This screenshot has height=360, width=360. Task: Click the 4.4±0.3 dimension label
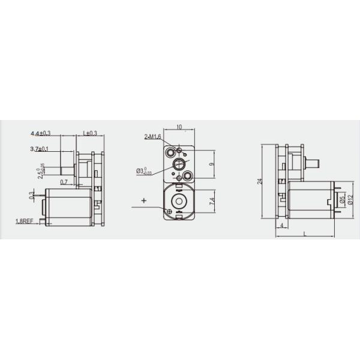[x=41, y=133]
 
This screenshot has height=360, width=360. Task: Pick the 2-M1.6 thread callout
[x=152, y=137]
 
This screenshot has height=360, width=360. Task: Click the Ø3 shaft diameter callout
[x=144, y=171]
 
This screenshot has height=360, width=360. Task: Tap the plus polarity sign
[x=144, y=200]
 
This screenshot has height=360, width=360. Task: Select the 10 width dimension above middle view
[x=179, y=127]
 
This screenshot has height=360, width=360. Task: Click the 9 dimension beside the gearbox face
[x=211, y=164]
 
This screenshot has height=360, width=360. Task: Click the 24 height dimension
[x=259, y=181]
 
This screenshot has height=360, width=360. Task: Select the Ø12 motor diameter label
[x=349, y=199]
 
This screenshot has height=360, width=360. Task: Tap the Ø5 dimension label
[x=341, y=199]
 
